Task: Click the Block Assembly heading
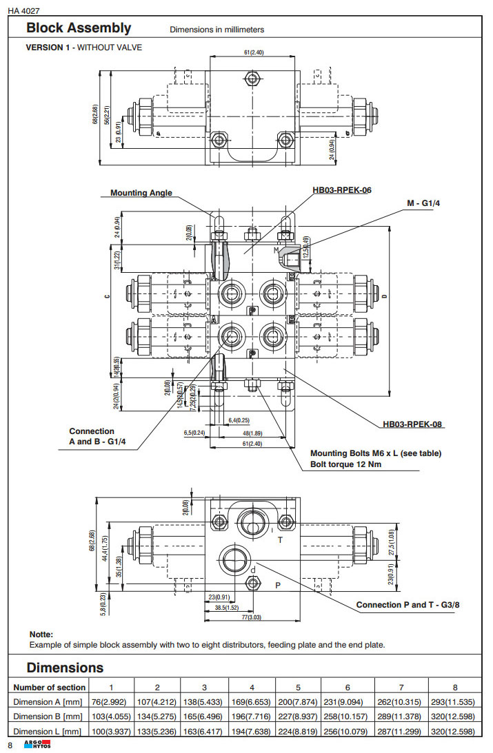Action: (78, 28)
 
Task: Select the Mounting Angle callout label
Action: (141, 193)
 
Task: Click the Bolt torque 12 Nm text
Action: (346, 464)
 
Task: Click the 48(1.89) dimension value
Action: (250, 433)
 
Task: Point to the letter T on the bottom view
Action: (280, 541)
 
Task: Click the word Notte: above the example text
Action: (41, 634)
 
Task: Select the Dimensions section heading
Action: (65, 668)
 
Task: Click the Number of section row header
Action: (50, 687)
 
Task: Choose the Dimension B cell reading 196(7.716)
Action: (252, 716)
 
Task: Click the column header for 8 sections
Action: (454, 687)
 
